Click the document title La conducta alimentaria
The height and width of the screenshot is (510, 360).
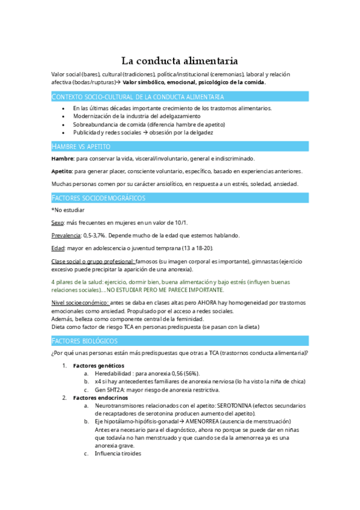point(180,61)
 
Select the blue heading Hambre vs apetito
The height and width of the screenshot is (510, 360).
point(81,146)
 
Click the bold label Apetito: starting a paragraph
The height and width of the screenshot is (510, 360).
point(62,171)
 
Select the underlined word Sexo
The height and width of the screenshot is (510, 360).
point(58,223)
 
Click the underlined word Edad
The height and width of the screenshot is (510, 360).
point(58,248)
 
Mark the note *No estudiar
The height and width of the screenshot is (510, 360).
point(68,210)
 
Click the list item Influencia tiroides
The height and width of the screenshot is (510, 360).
point(118,453)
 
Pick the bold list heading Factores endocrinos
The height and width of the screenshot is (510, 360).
point(99,398)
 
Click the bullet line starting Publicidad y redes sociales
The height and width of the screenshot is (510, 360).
point(142,132)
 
